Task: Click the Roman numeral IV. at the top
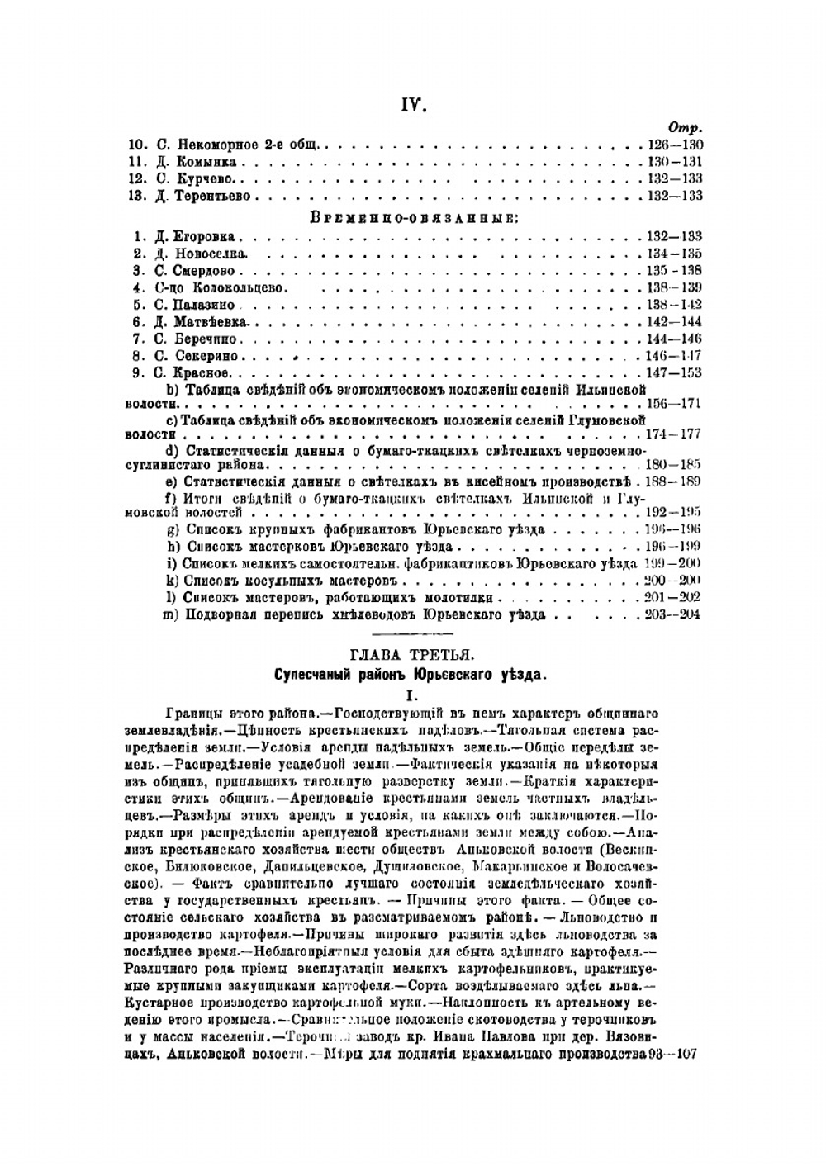click(x=413, y=104)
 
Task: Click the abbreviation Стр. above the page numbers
click(x=686, y=128)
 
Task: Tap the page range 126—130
click(x=675, y=145)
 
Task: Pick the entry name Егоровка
click(x=205, y=236)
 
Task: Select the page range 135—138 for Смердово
click(x=675, y=270)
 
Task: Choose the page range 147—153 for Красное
click(x=675, y=372)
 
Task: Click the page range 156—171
click(x=675, y=405)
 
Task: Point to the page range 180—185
click(x=675, y=466)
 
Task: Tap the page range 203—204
click(x=675, y=615)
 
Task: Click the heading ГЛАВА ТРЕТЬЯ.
click(x=412, y=656)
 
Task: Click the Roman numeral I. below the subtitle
click(x=412, y=695)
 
